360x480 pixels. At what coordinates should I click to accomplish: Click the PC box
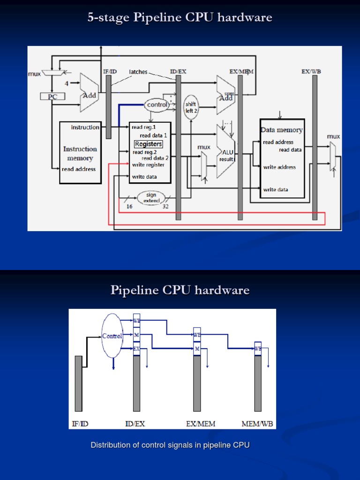tap(52, 96)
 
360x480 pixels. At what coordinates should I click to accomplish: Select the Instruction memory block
tap(80, 152)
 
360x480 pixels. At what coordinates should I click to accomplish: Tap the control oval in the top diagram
tap(157, 105)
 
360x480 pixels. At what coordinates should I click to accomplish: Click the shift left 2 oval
tap(191, 107)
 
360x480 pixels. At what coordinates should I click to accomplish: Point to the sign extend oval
tap(151, 198)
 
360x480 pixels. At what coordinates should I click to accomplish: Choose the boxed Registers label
tap(148, 144)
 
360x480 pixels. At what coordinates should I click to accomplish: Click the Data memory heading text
tap(282, 130)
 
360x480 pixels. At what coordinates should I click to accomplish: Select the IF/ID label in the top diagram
tap(109, 71)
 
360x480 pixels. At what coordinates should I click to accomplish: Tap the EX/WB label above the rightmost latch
tap(311, 71)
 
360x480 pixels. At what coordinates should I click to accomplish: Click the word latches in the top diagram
tap(138, 72)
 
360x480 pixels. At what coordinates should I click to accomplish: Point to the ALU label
tap(228, 152)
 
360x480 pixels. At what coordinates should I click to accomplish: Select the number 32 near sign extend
tap(165, 206)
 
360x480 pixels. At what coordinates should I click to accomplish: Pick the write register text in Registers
tap(148, 165)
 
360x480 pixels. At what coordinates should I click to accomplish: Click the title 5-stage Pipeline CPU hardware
tap(180, 18)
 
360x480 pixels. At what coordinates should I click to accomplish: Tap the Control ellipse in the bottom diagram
tap(112, 336)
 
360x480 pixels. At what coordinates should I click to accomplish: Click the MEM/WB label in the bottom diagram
tap(257, 424)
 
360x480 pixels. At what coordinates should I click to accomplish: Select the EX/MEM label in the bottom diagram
tap(201, 424)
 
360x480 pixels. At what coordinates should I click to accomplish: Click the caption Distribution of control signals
tap(170, 445)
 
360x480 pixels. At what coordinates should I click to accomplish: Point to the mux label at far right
tap(333, 136)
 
